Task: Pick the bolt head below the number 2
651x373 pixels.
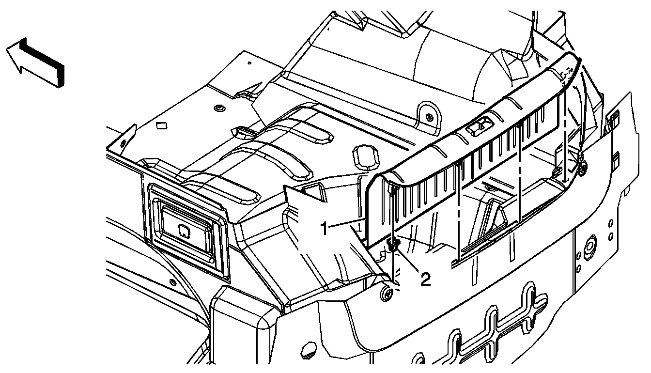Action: pyautogui.click(x=387, y=294)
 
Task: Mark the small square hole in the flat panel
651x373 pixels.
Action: pyautogui.click(x=161, y=125)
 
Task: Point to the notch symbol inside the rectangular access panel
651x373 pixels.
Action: pyautogui.click(x=184, y=229)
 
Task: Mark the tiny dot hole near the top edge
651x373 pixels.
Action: pyautogui.click(x=249, y=62)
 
